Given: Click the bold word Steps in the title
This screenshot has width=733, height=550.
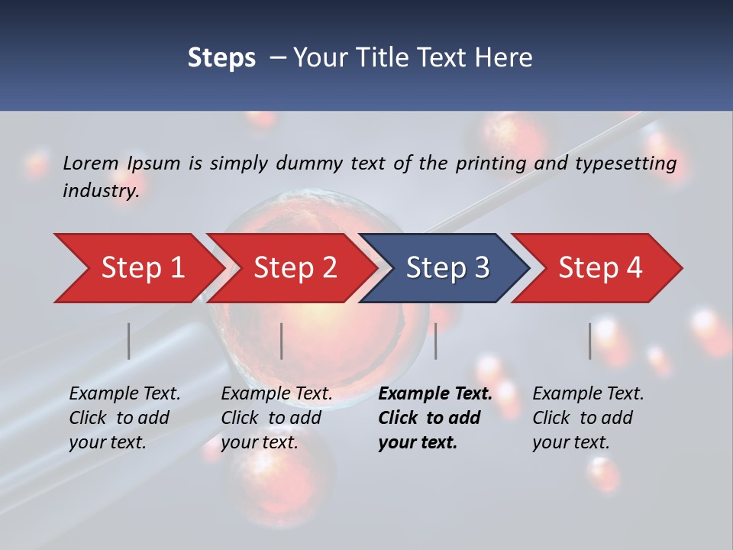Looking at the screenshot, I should pos(221,58).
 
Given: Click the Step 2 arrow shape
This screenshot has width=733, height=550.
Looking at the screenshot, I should pos(295,268).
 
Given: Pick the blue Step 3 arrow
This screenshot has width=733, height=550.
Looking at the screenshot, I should pos(447,268).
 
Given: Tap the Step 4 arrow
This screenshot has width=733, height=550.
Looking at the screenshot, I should pos(600,268).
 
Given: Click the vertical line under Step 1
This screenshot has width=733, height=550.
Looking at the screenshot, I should pos(129,341).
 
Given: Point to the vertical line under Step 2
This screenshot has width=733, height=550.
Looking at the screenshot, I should pos(282,341).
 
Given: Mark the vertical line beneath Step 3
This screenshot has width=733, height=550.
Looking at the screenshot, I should pos(436,341).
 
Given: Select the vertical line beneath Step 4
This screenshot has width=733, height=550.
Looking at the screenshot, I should pos(590,341).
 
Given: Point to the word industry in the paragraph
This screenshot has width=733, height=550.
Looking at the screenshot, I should pos(101,191).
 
